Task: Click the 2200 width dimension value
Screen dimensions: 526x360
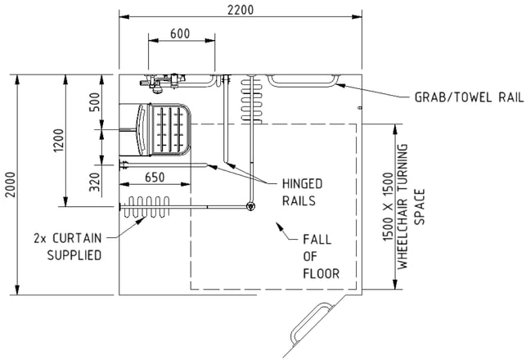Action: (x=241, y=10)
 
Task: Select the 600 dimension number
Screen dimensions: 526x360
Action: (x=180, y=34)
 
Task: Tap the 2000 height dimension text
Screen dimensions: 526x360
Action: (x=11, y=185)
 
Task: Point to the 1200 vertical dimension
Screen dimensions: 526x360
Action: (x=58, y=141)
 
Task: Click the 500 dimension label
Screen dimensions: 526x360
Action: (x=95, y=102)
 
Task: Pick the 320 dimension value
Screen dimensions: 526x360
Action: (x=95, y=182)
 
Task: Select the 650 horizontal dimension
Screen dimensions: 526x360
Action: (x=155, y=178)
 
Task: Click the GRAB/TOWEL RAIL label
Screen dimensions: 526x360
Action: (x=469, y=97)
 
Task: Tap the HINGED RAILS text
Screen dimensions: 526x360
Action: (x=302, y=192)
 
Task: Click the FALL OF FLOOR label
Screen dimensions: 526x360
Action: (x=321, y=257)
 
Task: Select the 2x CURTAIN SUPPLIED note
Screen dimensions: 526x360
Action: (x=67, y=246)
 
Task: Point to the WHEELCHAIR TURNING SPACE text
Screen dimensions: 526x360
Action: (x=404, y=206)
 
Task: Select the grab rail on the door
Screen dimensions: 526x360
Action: (x=311, y=323)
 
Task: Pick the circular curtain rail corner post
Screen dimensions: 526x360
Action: (x=250, y=206)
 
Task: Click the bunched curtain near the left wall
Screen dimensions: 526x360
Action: (x=146, y=207)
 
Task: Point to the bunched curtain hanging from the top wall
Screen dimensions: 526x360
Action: (x=251, y=99)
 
